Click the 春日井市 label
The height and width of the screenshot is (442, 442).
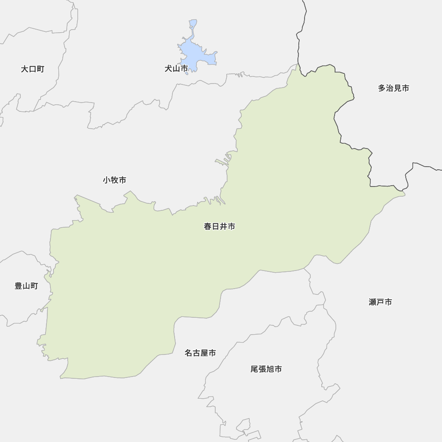tap(219, 227)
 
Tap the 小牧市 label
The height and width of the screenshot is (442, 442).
tap(114, 180)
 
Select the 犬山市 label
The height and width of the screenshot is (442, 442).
tap(176, 69)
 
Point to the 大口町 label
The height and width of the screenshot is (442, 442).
tap(32, 69)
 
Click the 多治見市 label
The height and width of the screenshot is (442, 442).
tap(393, 88)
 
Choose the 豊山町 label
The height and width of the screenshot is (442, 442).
tap(26, 286)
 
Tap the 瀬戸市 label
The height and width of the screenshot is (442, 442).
tap(380, 302)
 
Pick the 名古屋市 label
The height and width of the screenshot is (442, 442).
tap(200, 353)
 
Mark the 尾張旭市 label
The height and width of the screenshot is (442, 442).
tap(266, 369)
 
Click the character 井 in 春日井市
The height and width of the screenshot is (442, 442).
tap(223, 227)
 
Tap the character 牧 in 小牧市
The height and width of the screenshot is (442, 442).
tap(114, 180)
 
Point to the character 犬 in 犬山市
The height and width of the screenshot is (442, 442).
tap(168, 69)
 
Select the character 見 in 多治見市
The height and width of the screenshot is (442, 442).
tap(397, 88)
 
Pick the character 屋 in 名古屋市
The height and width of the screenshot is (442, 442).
tap(204, 353)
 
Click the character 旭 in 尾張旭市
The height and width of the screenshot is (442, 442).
tap(270, 369)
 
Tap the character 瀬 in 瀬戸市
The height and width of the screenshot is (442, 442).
tap(373, 302)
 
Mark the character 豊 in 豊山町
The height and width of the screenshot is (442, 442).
tap(19, 286)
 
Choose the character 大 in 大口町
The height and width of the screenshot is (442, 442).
tap(25, 69)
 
